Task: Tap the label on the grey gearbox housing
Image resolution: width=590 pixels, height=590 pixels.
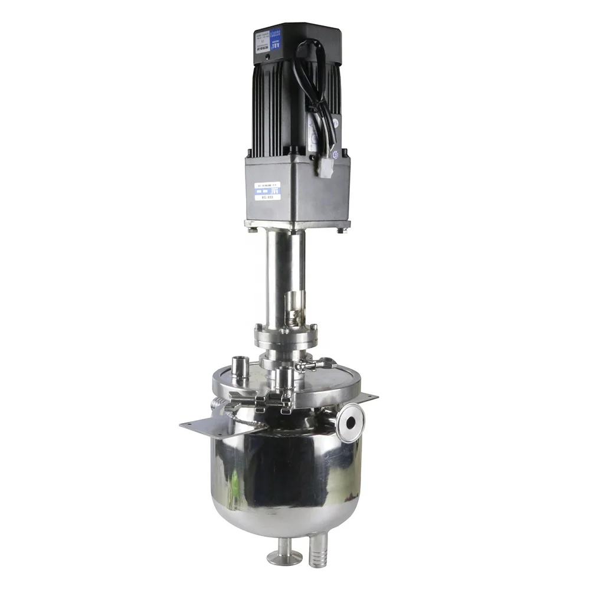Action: pyautogui.click(x=267, y=192)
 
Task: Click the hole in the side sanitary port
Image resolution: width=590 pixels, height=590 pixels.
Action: pyautogui.click(x=350, y=421)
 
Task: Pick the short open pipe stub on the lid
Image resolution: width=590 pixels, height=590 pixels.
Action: pyautogui.click(x=241, y=368)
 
